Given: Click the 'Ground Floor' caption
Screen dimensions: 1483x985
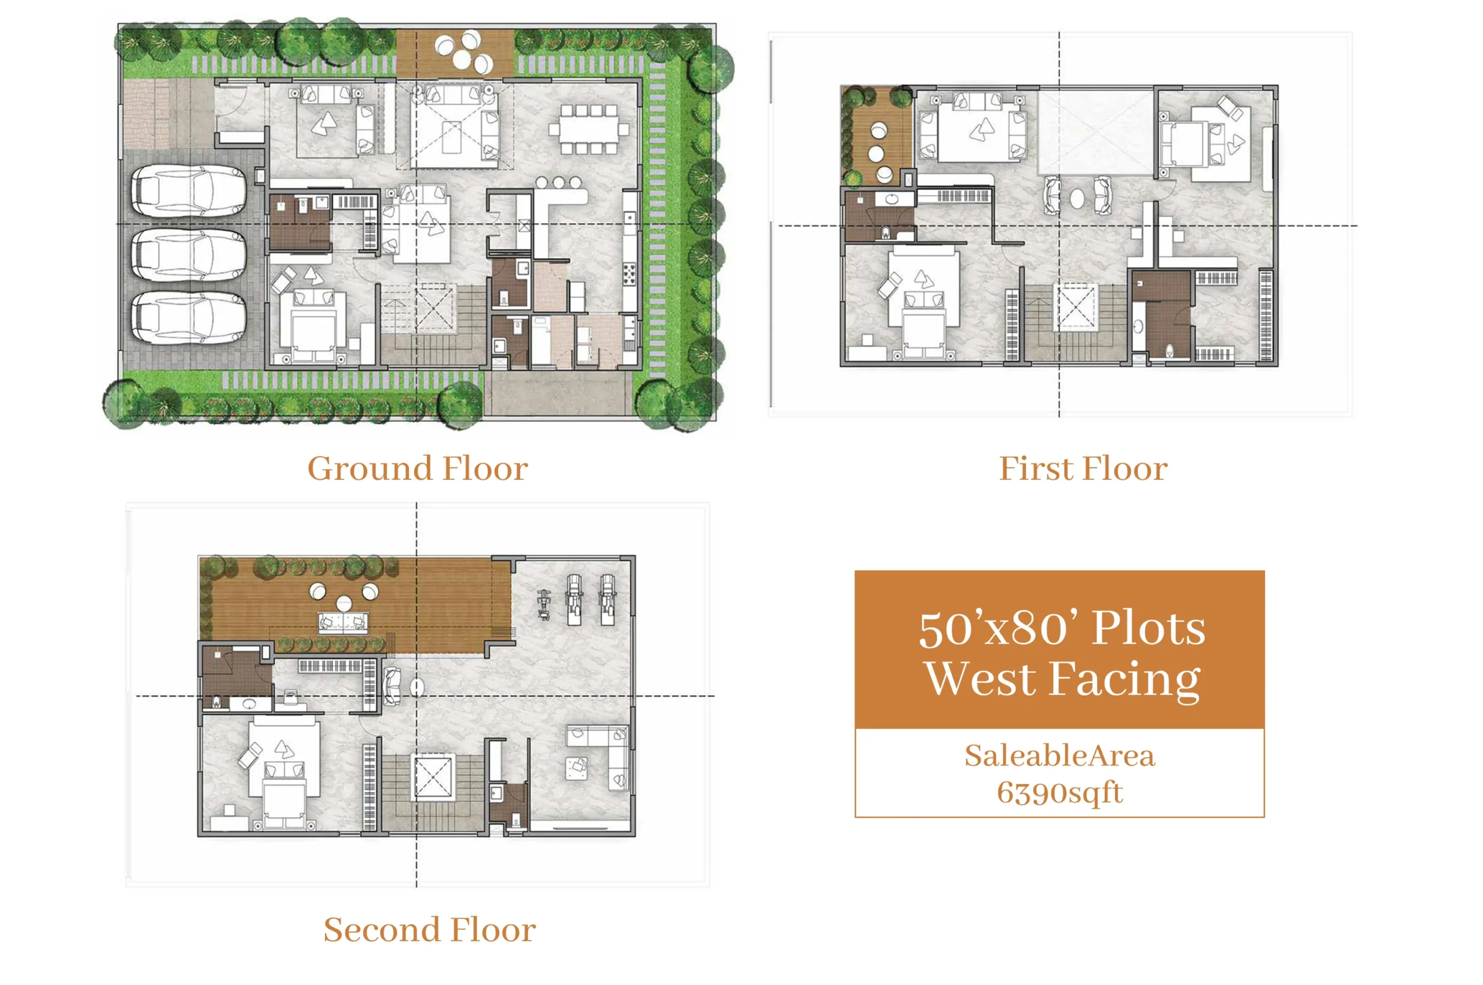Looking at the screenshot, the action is click(x=417, y=469).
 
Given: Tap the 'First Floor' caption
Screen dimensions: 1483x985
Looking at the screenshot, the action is click(x=1083, y=469).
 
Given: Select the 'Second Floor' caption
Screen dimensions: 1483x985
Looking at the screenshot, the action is click(x=430, y=930).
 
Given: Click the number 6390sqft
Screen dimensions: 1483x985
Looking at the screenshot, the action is click(x=1060, y=793).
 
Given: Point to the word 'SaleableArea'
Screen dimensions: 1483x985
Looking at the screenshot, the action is click(x=1060, y=756).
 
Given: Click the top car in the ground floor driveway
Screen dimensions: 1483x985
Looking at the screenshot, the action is click(x=189, y=192).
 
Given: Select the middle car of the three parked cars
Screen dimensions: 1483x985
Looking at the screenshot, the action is click(x=189, y=254).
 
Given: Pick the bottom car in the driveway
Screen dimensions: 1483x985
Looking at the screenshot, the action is click(x=189, y=318).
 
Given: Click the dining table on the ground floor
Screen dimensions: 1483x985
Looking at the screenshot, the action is click(x=589, y=129).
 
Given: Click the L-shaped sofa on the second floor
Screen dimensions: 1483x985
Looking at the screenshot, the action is click(x=598, y=756).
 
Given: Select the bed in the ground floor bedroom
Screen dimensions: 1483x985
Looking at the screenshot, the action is click(x=312, y=327).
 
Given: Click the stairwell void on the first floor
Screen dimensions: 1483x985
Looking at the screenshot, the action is click(x=1076, y=307).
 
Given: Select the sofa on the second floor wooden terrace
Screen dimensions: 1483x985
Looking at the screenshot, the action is click(x=343, y=622).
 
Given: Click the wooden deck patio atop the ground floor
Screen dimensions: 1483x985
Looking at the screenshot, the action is click(x=455, y=54).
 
